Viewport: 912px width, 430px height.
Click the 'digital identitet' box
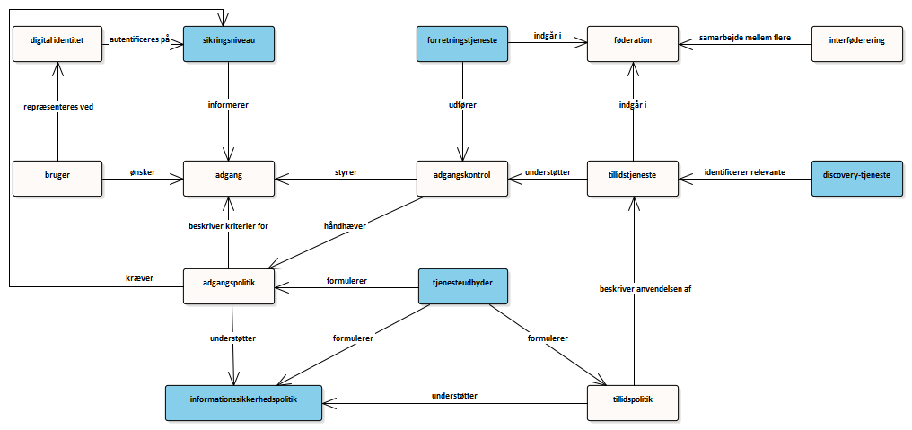57,44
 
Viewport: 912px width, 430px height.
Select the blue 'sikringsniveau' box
229,44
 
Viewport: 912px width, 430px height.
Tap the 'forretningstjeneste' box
462,44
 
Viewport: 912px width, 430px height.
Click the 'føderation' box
632,44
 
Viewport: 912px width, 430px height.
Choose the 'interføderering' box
857,44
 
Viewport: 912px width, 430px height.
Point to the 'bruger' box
57,179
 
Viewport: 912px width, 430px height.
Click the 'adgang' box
229,179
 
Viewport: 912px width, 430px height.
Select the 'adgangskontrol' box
462,179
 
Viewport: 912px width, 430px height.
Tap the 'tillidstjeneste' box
632,179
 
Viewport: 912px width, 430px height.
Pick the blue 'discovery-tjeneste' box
857,179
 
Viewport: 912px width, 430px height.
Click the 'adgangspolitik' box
229,286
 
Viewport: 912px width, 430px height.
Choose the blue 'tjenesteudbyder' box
462,286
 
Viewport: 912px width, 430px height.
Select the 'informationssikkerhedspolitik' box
243,403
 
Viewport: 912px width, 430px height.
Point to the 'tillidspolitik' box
632,403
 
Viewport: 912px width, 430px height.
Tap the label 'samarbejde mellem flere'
746,37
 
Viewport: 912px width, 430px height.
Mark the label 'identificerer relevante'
746,172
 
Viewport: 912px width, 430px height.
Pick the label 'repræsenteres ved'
58,107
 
